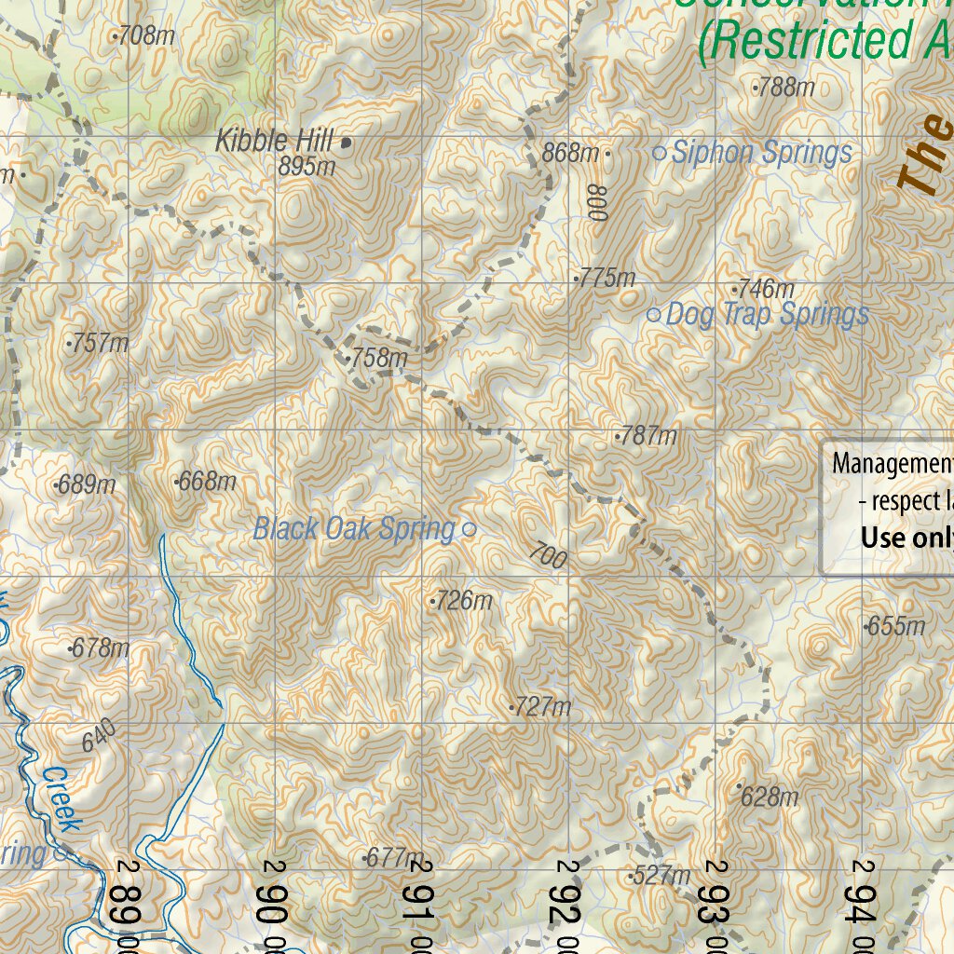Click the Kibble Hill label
[274, 142]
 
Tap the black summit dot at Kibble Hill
[347, 143]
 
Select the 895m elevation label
[307, 167]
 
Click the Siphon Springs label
[761, 153]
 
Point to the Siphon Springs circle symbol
[660, 154]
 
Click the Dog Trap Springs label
[768, 315]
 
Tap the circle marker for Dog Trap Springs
[653, 316]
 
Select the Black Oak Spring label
[354, 529]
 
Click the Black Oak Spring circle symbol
[470, 530]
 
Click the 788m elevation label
[784, 89]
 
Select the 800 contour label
[597, 202]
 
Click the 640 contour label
[100, 737]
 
